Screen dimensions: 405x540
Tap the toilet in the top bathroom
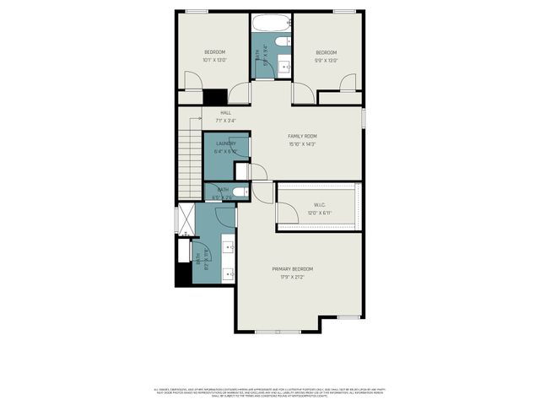(283, 40)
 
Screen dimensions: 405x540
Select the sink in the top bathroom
(284, 65)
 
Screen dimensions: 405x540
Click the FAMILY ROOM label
(302, 136)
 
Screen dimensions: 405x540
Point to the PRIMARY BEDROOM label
(287, 269)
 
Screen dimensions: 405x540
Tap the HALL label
(225, 112)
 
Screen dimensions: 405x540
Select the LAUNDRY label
(225, 143)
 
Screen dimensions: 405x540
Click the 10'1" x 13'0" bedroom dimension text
(214, 60)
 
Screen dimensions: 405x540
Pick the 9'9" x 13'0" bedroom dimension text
(326, 60)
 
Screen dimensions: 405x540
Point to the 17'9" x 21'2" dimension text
(287, 277)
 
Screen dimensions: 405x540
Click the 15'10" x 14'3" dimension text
(302, 143)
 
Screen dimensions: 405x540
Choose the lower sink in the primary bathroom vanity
(229, 273)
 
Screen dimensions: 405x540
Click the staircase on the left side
(190, 160)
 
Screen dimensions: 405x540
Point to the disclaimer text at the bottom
(270, 392)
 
